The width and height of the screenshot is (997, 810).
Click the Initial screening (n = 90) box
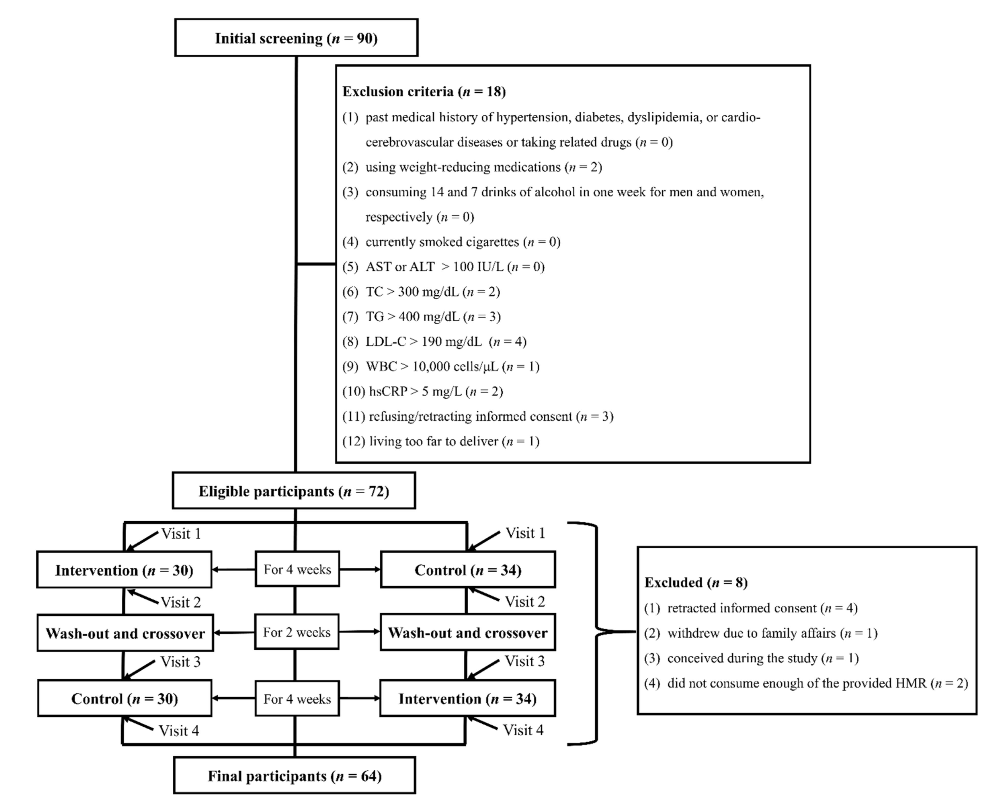pyautogui.click(x=296, y=38)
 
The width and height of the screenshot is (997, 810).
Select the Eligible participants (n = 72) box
pyautogui.click(x=294, y=491)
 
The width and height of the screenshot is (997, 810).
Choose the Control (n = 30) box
pyautogui.click(x=124, y=699)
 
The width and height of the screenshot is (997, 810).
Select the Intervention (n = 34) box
pyautogui.click(x=468, y=699)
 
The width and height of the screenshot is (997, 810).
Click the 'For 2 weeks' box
pyautogui.click(x=297, y=632)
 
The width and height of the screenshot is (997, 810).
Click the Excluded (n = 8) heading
pyautogui.click(x=696, y=582)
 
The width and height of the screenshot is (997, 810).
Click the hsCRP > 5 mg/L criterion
pyautogui.click(x=422, y=391)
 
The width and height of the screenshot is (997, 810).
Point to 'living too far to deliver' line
pyautogui.click(x=441, y=441)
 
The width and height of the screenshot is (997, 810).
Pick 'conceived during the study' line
pyautogui.click(x=751, y=658)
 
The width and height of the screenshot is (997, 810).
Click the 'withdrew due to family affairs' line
pyautogui.click(x=760, y=633)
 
